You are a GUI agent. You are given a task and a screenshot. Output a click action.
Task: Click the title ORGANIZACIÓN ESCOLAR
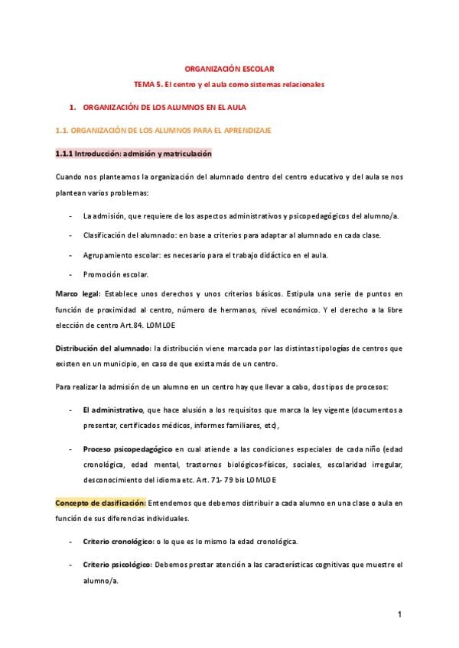[x=229, y=69]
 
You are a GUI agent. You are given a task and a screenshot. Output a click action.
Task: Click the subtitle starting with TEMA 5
[x=229, y=84]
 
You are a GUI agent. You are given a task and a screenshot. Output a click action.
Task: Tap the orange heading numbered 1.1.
[x=164, y=131]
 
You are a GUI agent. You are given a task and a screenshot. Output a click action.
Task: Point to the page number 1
[x=399, y=614]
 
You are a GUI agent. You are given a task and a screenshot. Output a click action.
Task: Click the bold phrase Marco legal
[x=75, y=293]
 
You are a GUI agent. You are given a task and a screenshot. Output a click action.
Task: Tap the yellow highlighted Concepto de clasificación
[x=100, y=504]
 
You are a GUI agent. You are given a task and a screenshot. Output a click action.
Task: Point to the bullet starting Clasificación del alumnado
[x=229, y=235]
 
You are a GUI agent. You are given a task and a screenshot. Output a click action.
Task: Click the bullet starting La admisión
[x=241, y=215]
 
